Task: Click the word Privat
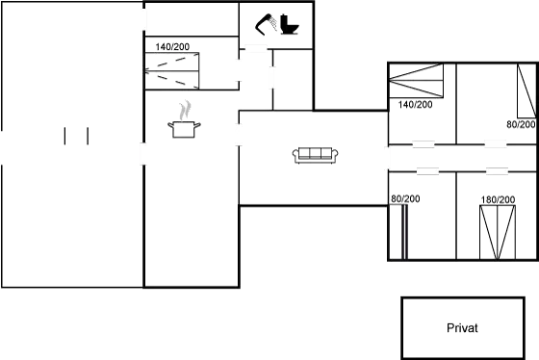click(x=463, y=328)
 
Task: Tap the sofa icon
click(x=314, y=154)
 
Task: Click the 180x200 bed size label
click(x=497, y=199)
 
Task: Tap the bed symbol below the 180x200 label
click(x=498, y=231)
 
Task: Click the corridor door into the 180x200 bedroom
click(x=496, y=171)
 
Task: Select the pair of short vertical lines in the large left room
click(x=76, y=136)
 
